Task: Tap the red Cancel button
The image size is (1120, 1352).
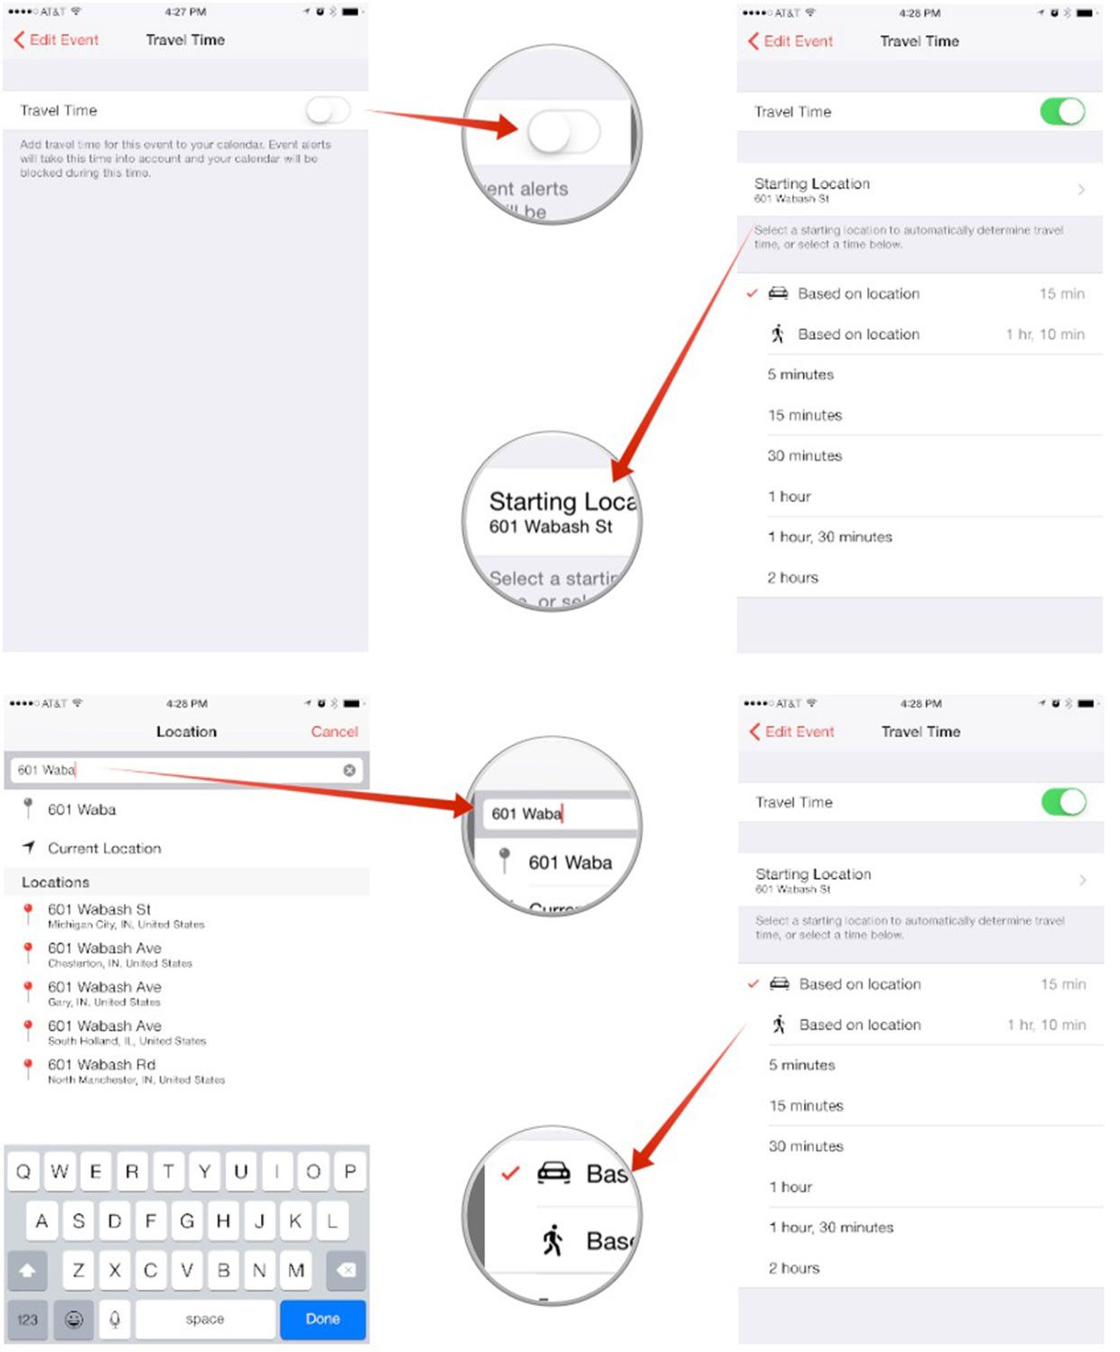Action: (334, 732)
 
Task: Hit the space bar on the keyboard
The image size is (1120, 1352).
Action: (205, 1319)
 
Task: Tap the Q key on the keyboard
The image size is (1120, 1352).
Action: (23, 1171)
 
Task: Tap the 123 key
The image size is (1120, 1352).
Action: (27, 1319)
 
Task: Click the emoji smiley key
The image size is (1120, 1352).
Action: (74, 1319)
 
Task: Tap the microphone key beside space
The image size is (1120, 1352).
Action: (115, 1319)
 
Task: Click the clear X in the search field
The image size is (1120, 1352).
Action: (349, 770)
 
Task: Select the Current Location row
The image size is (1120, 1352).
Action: (104, 848)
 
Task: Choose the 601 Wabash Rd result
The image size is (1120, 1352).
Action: (101, 1065)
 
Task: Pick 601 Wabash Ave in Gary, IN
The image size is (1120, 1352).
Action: (104, 987)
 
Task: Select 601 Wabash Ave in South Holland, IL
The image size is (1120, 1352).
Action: (104, 1026)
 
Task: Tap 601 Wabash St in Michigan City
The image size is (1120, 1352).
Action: (99, 909)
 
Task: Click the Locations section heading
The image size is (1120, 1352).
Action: (55, 882)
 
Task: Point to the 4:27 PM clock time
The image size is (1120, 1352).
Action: (185, 12)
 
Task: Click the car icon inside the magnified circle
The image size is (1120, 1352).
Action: (554, 1172)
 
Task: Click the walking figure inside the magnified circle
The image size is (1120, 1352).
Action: (553, 1240)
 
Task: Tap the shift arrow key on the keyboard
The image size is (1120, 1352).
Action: (27, 1271)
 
